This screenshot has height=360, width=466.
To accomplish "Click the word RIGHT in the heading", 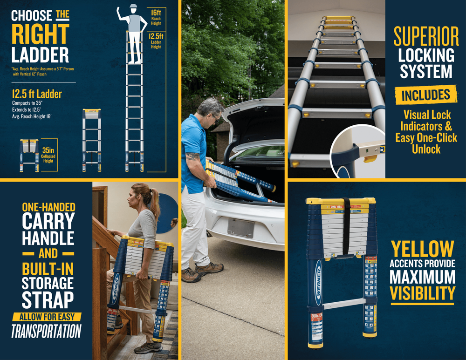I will point(40,34).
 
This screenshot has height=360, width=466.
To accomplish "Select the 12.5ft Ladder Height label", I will point(155,41).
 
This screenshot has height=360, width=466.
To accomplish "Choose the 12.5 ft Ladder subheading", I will point(37,94).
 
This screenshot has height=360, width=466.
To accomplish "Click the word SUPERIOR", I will point(426,36).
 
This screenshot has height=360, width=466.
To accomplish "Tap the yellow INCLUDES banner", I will point(426,95).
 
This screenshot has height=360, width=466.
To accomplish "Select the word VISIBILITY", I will point(422,293).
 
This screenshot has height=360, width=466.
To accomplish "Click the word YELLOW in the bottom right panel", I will point(422,249).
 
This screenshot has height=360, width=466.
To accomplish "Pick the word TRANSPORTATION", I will point(46,331).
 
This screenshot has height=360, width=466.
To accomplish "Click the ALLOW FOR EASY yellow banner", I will point(46,317).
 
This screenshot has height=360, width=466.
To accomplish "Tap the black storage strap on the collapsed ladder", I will point(347,226).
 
